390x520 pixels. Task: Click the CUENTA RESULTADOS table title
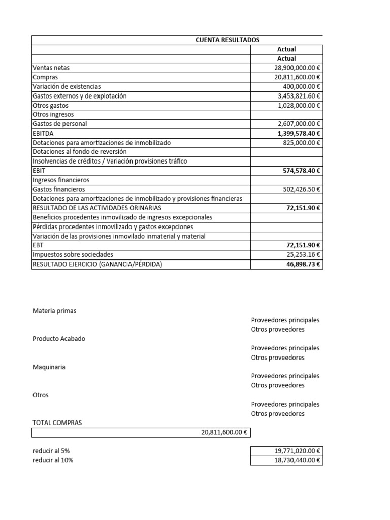[x=227, y=40]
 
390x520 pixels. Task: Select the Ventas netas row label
[x=51, y=68]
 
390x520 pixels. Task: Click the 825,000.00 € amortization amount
[x=302, y=143]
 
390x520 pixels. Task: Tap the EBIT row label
[x=39, y=171]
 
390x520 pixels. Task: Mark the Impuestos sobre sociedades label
[x=73, y=254]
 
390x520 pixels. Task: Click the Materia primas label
[x=54, y=311]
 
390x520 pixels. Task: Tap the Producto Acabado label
[x=59, y=339]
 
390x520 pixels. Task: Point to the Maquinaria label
[x=49, y=367]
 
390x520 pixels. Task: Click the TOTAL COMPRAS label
[x=57, y=422]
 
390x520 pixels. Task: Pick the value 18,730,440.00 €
[x=294, y=460]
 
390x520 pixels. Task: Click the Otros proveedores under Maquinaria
[x=278, y=385]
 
